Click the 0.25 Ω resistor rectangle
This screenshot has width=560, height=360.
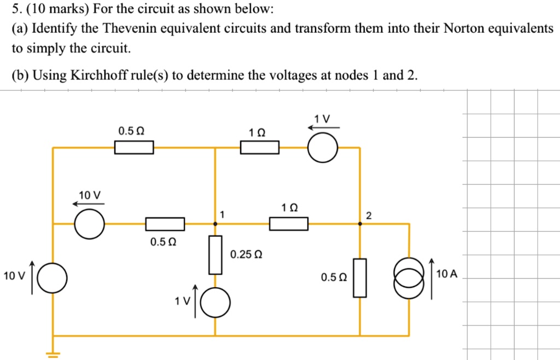215,254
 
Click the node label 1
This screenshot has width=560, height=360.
222,213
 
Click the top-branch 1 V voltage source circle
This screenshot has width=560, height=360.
322,147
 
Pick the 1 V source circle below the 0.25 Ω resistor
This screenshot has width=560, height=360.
215,303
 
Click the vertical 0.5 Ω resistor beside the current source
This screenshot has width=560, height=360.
359,277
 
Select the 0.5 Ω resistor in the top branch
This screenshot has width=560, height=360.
134,147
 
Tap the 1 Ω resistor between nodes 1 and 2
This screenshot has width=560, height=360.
288,224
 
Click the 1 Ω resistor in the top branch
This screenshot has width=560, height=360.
260,147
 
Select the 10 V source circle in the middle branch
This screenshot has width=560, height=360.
89,224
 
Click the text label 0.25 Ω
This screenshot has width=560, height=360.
246,255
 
